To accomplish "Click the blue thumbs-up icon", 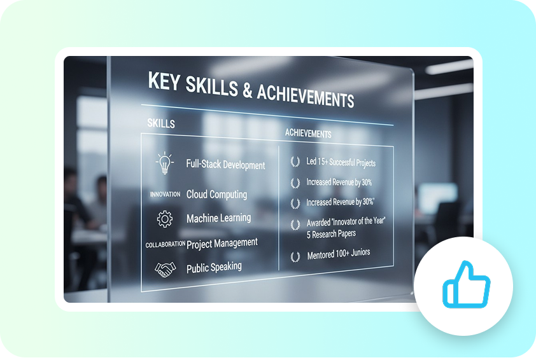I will coord(466,284).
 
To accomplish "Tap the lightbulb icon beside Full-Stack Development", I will coord(165,163).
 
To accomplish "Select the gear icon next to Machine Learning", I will coord(165,219).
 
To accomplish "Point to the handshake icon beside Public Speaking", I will coord(166,270).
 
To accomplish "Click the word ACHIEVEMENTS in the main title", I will coord(305,95).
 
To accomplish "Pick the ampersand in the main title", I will coord(247,89).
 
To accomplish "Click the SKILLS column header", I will coord(160,123).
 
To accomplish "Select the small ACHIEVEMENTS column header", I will coord(308,134).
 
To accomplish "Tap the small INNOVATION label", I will coord(165,195).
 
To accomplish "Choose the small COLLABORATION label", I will coord(165,244).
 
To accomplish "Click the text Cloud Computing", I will coord(216,195).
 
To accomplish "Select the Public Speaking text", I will coord(214,268).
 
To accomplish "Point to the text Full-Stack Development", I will coord(225,165).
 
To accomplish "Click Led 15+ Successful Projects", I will coord(341,163).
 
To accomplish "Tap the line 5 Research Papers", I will coord(330,233).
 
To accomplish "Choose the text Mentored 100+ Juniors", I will coord(338,253).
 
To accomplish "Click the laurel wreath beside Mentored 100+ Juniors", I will coord(295,257).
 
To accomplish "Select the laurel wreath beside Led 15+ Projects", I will coord(295,162).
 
